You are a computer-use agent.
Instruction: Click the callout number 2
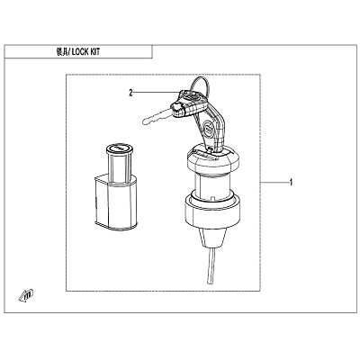130,93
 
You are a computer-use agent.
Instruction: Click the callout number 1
291,182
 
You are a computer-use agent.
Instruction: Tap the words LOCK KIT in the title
85,52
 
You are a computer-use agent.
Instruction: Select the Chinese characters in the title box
61,52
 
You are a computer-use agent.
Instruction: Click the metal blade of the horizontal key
157,117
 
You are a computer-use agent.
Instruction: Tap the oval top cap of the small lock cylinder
120,148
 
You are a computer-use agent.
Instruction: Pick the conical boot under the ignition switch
211,238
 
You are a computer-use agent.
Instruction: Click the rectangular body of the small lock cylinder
115,203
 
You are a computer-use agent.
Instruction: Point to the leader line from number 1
274,182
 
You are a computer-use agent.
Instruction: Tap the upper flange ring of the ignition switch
212,160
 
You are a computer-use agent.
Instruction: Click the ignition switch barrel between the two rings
212,186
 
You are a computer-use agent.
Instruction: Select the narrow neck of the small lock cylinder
120,166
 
